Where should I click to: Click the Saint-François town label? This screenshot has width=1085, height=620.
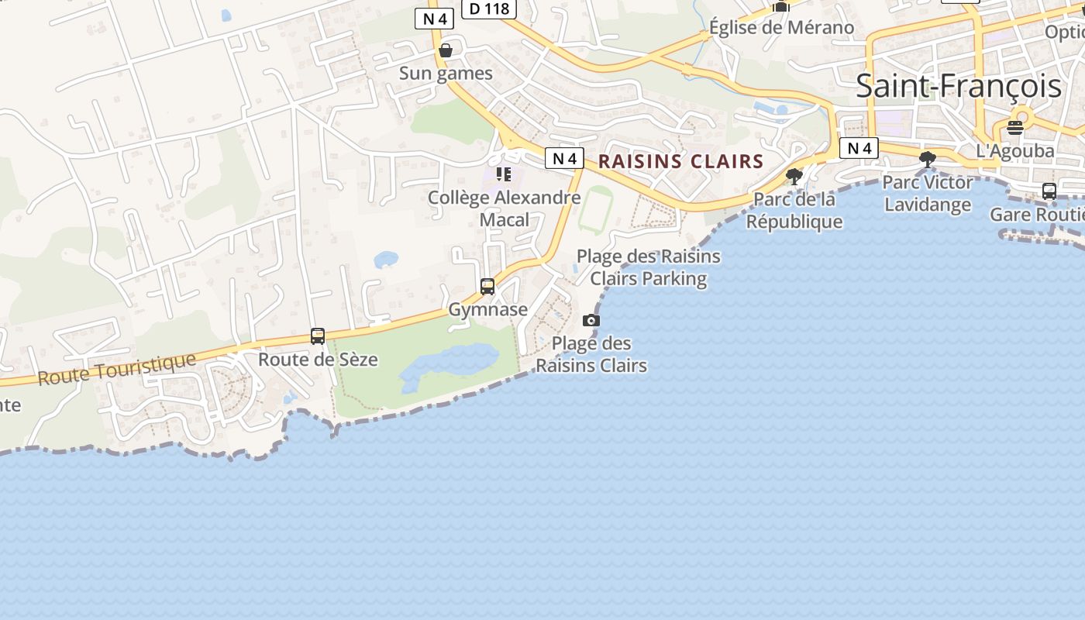958,86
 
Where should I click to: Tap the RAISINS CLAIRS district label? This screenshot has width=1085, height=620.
680,162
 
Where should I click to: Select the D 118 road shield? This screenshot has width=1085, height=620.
489,9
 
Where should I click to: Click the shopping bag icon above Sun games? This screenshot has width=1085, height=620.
446,50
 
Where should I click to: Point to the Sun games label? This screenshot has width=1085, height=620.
446,74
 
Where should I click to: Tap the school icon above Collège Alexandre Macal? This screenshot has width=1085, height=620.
504,174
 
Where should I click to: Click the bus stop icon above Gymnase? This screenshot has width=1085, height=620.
487,287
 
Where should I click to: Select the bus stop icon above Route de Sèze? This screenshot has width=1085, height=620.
318,336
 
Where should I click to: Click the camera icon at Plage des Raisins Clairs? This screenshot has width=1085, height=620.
591,320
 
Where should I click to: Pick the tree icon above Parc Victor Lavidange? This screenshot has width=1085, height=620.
927,160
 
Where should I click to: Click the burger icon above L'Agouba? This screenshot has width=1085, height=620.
1015,127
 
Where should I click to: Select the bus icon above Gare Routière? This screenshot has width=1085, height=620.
1049,191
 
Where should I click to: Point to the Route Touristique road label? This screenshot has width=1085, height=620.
117,369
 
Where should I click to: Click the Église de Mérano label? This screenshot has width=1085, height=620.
781,28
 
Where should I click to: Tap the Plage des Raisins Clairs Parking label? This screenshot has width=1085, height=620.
649,267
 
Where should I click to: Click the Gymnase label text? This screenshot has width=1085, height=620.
488,309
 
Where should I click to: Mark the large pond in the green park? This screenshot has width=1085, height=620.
449,366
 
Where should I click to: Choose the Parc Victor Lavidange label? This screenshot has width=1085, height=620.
928,194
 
